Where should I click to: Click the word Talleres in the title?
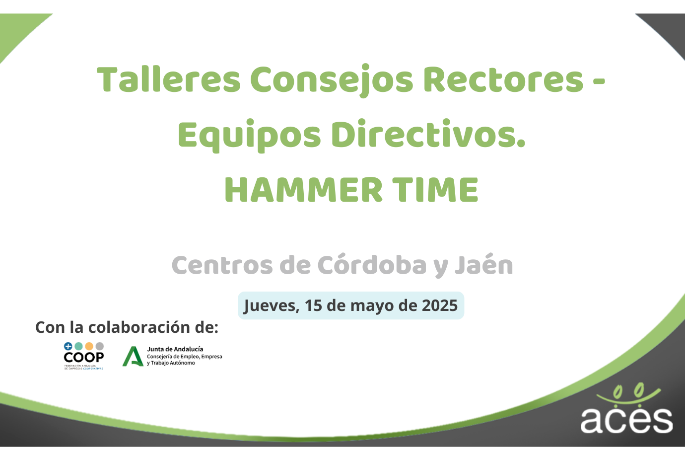click(x=169, y=79)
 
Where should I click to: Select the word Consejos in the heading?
click(x=331, y=79)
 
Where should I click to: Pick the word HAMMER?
click(x=303, y=190)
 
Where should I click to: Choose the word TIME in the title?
click(x=435, y=190)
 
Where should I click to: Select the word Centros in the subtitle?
click(x=222, y=265)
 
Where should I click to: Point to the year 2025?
click(x=439, y=305)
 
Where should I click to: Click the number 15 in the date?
click(x=313, y=305)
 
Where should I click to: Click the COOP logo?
click(x=84, y=356)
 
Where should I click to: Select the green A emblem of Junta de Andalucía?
click(x=133, y=356)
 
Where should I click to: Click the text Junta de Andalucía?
click(x=175, y=349)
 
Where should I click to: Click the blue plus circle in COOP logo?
click(x=68, y=346)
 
